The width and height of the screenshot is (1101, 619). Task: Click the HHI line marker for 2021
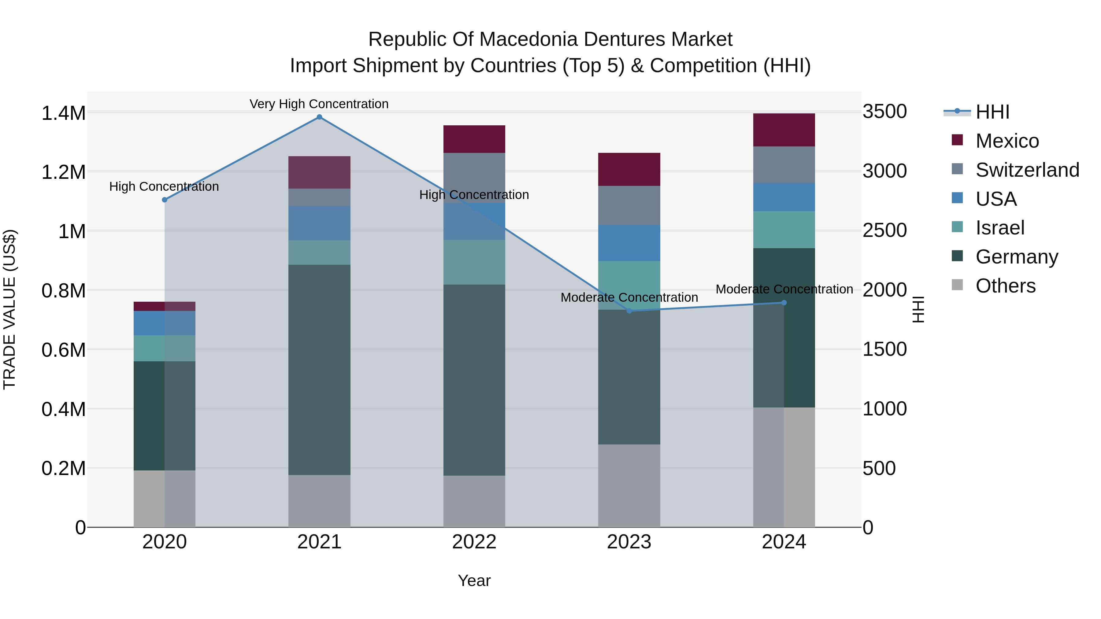(x=319, y=117)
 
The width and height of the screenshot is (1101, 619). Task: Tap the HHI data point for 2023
(x=629, y=311)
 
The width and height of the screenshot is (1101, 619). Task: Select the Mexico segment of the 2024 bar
(x=784, y=130)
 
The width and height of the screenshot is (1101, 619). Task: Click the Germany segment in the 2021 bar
(x=319, y=370)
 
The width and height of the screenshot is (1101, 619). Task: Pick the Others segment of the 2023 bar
(x=629, y=486)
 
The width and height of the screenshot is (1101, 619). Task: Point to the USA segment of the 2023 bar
(x=629, y=243)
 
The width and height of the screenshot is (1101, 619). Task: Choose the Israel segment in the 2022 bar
(x=474, y=262)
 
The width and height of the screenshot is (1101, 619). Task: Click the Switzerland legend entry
(x=1027, y=170)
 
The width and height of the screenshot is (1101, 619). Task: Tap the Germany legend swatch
(x=957, y=256)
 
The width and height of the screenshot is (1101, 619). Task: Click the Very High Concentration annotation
(x=319, y=104)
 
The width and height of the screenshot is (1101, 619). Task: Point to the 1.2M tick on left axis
(x=63, y=173)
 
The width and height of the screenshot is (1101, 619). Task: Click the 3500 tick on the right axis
(x=884, y=112)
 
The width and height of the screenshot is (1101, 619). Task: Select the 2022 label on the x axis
(x=474, y=542)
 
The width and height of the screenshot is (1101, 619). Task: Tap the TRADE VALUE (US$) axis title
(x=9, y=309)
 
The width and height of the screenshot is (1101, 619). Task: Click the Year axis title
(x=474, y=580)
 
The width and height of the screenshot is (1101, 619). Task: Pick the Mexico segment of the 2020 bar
(x=165, y=306)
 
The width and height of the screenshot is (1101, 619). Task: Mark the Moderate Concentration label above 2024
(x=784, y=289)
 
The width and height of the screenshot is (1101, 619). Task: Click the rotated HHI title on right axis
(x=918, y=309)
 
